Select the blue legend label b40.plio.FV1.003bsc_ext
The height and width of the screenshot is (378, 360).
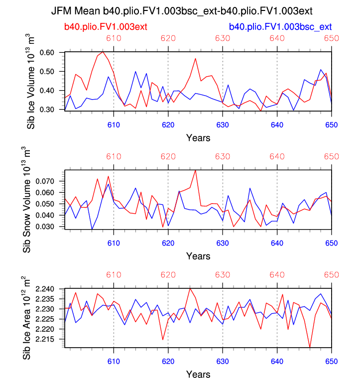(280, 26)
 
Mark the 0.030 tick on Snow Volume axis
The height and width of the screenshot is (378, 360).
(49, 227)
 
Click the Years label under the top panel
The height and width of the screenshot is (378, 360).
(198, 137)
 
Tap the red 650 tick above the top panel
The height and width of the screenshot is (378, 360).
(331, 38)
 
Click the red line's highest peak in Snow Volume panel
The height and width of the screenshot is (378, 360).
(195, 170)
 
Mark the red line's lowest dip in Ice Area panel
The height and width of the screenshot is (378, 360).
(310, 347)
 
